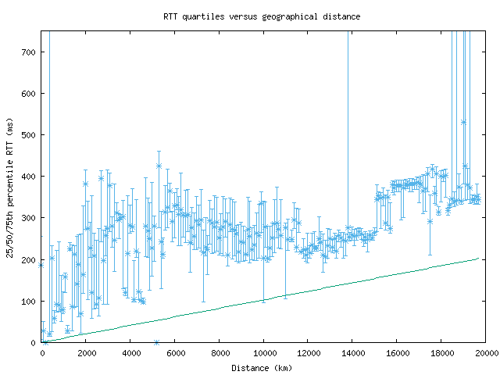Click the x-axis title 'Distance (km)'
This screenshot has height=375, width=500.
(x=262, y=367)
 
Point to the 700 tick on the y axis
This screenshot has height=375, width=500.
(x=30, y=52)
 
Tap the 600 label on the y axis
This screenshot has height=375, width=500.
(x=30, y=94)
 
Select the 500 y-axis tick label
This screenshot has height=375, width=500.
(x=30, y=135)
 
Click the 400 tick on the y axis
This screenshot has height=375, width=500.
(x=30, y=177)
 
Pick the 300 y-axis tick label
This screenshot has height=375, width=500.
(x=30, y=218)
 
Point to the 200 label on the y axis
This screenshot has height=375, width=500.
(x=30, y=259)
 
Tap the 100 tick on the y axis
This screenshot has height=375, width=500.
(x=30, y=301)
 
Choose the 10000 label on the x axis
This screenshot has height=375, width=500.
(x=264, y=353)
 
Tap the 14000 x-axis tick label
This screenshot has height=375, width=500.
(x=352, y=353)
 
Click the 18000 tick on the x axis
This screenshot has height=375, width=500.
(x=441, y=353)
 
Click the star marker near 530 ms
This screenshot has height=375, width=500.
(x=463, y=123)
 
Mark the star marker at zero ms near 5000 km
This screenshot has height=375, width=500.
(x=156, y=342)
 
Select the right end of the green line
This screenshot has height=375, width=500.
(x=477, y=258)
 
